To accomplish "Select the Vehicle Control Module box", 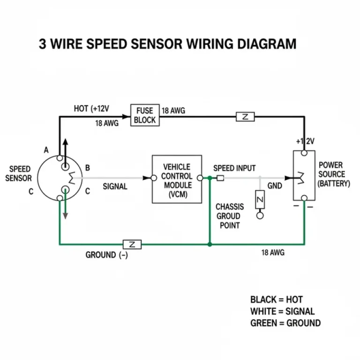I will click(177, 179).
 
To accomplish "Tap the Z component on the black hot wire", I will click(246, 117).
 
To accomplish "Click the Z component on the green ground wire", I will click(132, 244).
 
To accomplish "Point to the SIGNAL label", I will click(115, 187).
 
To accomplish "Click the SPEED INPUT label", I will click(234, 168).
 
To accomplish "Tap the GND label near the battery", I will click(275, 186).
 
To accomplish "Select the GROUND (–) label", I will click(106, 255).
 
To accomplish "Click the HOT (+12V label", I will click(91, 109).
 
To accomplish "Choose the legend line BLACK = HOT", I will click(277, 300).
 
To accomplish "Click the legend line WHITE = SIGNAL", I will click(282, 311).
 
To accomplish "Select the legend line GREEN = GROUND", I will click(285, 323).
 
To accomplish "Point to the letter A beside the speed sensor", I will click(46, 150).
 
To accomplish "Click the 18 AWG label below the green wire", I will click(273, 253).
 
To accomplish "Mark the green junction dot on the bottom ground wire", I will click(210, 244).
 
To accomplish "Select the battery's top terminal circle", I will click(304, 153).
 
